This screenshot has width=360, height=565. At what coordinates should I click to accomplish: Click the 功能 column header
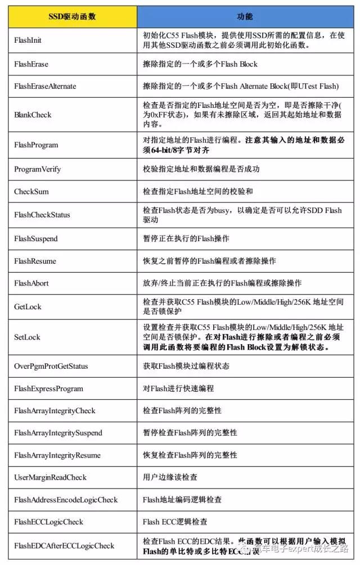click(x=245, y=16)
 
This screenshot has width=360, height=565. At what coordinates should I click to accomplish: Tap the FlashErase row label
click(x=31, y=64)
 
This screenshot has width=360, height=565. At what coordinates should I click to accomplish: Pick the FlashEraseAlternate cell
click(x=45, y=87)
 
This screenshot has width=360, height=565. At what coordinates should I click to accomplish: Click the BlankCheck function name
click(x=33, y=115)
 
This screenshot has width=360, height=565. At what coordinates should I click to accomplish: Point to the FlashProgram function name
click(x=36, y=145)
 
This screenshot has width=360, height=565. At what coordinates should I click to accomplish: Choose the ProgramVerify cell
click(x=38, y=169)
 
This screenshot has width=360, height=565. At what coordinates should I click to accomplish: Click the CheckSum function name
click(x=31, y=192)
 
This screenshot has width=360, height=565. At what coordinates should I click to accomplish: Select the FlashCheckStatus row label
click(x=42, y=215)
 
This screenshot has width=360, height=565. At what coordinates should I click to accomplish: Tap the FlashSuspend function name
click(x=36, y=238)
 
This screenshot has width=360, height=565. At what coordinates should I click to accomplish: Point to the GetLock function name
click(x=28, y=307)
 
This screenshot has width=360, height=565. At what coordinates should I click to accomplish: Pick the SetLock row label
click(x=27, y=337)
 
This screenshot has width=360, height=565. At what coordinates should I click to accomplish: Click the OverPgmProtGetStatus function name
click(x=51, y=367)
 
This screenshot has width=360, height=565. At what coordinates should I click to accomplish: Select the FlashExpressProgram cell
click(x=48, y=389)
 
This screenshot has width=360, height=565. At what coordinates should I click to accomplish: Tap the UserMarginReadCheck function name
click(x=51, y=477)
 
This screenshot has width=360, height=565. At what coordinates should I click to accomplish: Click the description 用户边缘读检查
click(x=169, y=477)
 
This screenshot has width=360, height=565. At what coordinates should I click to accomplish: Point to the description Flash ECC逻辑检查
click(x=175, y=522)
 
